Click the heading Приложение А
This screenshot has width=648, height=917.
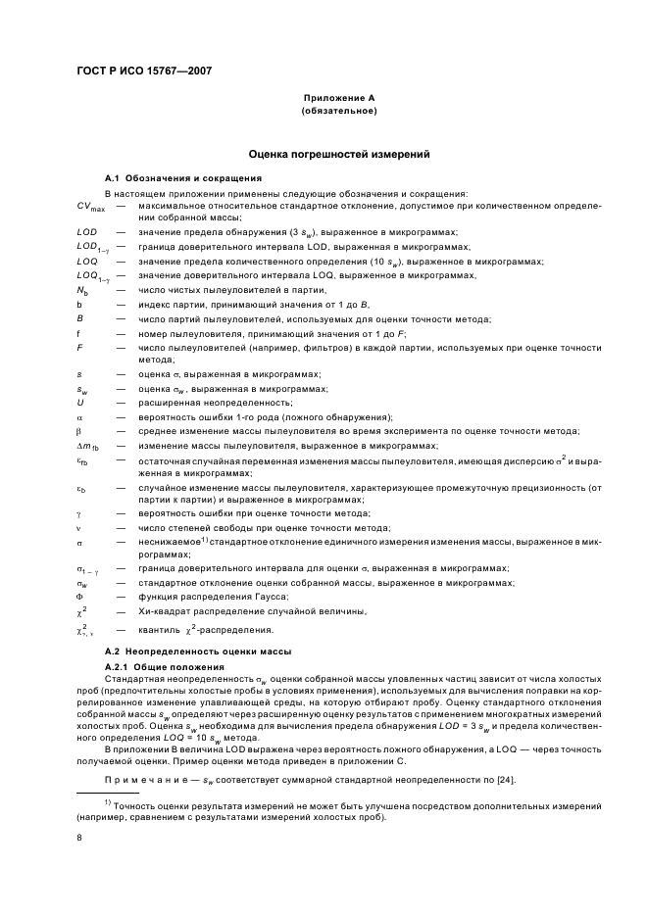[338, 99]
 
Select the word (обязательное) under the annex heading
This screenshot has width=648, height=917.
[338, 112]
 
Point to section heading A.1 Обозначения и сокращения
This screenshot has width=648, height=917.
[182, 178]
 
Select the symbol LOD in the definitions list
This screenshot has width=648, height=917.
[86, 232]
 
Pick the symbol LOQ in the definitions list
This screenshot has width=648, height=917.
[86, 262]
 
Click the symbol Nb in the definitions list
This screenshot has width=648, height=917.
[82, 291]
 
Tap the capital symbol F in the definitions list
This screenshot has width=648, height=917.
[79, 348]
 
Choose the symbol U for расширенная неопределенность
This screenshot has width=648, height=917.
[79, 403]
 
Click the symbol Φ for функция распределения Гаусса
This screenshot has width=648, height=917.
[79, 596]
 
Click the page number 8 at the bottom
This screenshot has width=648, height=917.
[79, 838]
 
